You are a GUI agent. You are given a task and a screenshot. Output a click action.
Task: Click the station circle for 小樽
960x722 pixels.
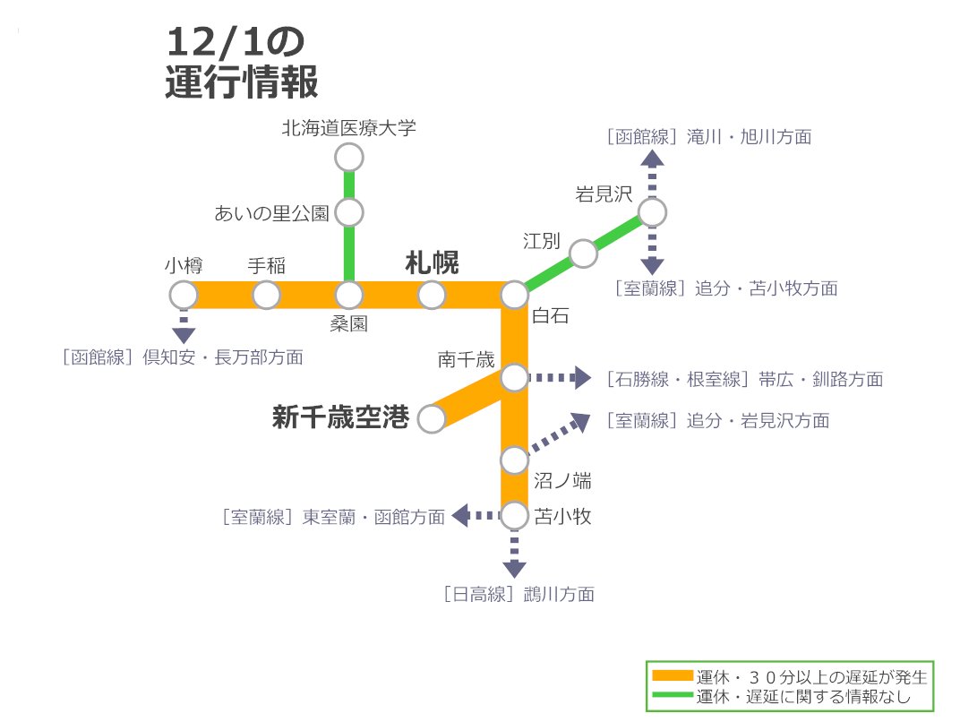(184, 295)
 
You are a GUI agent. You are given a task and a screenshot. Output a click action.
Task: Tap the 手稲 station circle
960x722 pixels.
(266, 295)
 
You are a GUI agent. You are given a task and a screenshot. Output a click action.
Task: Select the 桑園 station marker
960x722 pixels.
(348, 295)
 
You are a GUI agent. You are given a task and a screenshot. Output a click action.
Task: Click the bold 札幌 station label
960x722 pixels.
(432, 264)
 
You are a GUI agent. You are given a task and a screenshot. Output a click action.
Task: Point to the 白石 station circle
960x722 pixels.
(514, 295)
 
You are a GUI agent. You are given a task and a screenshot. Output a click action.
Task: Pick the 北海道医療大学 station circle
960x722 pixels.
(348, 158)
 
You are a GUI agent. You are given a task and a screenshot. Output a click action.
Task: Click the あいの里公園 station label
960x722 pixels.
(272, 213)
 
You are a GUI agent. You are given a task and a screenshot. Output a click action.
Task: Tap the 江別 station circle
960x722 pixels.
(583, 254)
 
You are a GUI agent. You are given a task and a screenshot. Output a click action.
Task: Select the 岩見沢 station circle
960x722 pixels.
(652, 212)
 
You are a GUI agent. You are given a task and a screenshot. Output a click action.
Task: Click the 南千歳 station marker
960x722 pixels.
(514, 378)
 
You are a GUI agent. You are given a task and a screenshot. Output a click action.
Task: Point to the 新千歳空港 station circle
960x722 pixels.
(432, 418)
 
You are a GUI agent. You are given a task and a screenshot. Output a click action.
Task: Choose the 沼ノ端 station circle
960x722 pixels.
(514, 460)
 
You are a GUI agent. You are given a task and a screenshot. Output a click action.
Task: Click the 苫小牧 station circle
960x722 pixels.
(514, 516)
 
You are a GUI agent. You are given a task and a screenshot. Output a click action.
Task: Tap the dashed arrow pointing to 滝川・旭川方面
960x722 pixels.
(652, 170)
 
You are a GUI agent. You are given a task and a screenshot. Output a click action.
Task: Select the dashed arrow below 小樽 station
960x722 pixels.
(184, 326)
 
